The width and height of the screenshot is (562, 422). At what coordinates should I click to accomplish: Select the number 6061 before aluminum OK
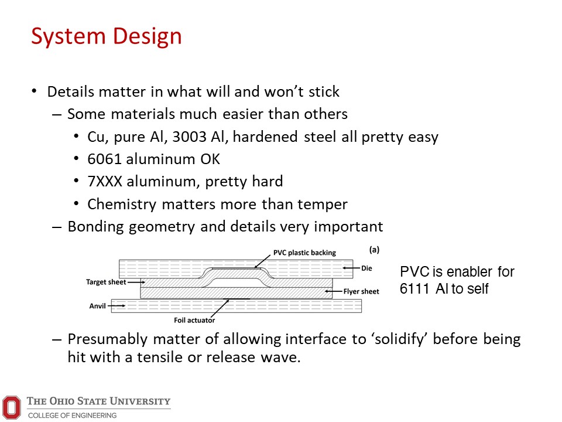104,159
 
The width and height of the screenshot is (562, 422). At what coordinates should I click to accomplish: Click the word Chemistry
122,205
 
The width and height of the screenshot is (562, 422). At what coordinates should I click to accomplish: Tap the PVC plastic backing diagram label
304,253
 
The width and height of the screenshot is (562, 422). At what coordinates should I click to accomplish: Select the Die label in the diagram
366,268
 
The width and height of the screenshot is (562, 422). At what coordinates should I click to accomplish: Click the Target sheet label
106,282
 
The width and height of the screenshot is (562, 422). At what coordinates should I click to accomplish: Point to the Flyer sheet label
361,291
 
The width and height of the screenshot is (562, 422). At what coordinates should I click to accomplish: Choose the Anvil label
98,306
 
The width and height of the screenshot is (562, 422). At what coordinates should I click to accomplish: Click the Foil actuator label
194,320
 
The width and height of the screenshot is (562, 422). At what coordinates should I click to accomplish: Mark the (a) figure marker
374,250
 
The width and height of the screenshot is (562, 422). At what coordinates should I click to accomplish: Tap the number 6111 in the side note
414,288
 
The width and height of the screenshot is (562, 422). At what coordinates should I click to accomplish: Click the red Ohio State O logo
12,407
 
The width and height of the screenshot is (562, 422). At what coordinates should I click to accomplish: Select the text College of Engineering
73,415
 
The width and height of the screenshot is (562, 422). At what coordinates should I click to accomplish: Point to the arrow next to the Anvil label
116,306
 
